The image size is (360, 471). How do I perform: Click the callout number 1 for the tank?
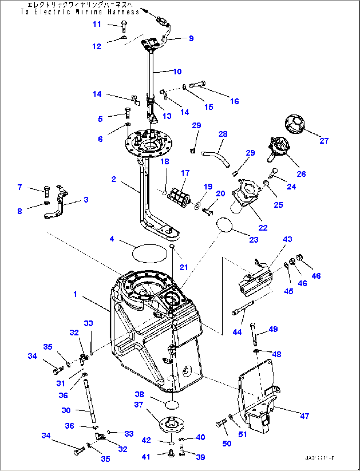pos(75,294)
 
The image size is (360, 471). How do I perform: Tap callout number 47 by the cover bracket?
pos(305,416)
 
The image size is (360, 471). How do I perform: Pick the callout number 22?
pos(263,228)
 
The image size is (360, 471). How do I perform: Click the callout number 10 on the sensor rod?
pos(177,71)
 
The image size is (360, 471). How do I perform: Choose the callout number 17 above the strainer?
pos(185,173)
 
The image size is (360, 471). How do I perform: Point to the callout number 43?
pos(287,239)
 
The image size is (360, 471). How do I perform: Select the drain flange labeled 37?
pos(171,424)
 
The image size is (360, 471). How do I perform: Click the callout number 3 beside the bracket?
pos(86,199)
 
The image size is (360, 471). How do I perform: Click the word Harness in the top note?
pos(123,12)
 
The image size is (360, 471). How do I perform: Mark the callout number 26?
pos(301,174)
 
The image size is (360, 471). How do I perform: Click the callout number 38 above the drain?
pos(139,394)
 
